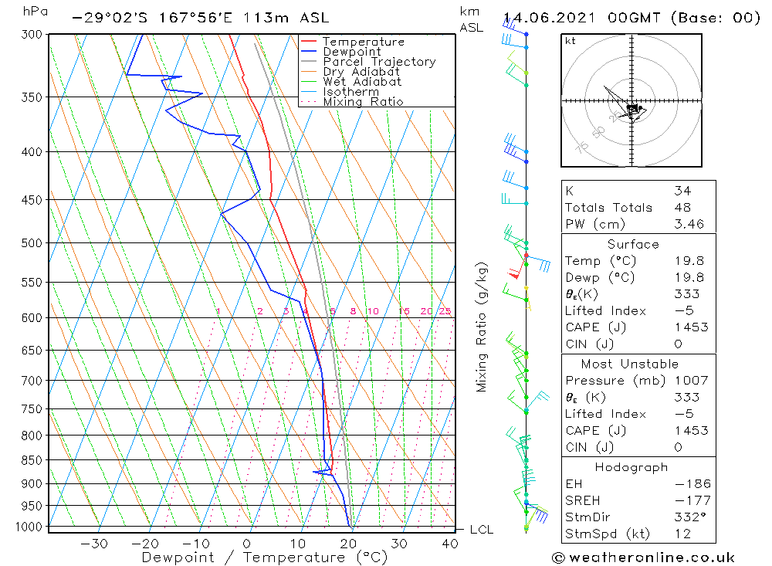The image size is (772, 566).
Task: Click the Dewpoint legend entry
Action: [x=351, y=52]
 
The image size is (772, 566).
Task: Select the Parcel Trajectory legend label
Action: [x=379, y=62]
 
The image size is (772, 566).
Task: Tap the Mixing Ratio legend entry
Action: [x=363, y=102]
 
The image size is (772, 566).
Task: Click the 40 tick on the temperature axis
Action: [x=449, y=544]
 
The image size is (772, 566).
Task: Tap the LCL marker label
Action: [x=481, y=530]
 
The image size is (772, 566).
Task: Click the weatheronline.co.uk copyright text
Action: [x=643, y=558]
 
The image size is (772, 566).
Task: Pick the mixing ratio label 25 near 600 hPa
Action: [x=445, y=312]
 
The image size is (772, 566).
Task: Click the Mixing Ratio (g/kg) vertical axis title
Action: [x=482, y=327]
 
